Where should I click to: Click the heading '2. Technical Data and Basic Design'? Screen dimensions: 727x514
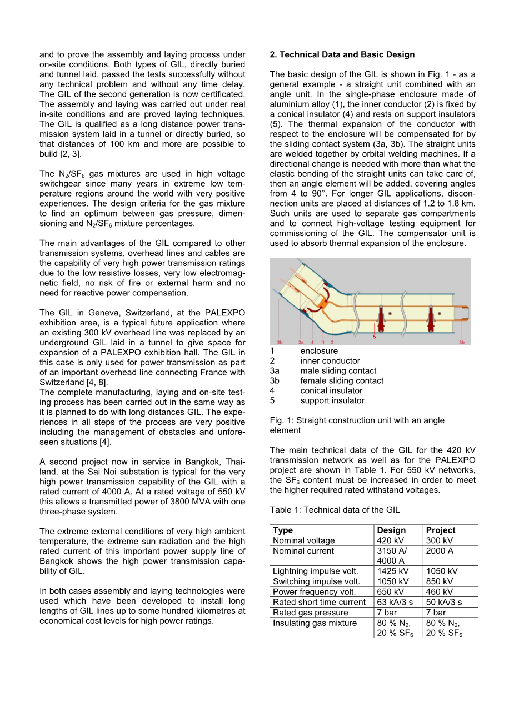342,54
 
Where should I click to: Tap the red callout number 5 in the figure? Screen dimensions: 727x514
374,337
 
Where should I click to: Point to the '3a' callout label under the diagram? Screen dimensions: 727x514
301,343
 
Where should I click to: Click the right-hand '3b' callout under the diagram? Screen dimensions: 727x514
462,343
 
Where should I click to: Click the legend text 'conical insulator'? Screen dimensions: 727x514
331,390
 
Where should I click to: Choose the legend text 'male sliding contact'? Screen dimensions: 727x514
338,370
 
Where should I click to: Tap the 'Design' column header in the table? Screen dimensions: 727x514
391,530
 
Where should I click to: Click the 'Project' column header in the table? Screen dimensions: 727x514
440,530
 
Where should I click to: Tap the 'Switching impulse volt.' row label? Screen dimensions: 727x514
316,581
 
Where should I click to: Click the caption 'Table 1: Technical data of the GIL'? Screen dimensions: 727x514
335,510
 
